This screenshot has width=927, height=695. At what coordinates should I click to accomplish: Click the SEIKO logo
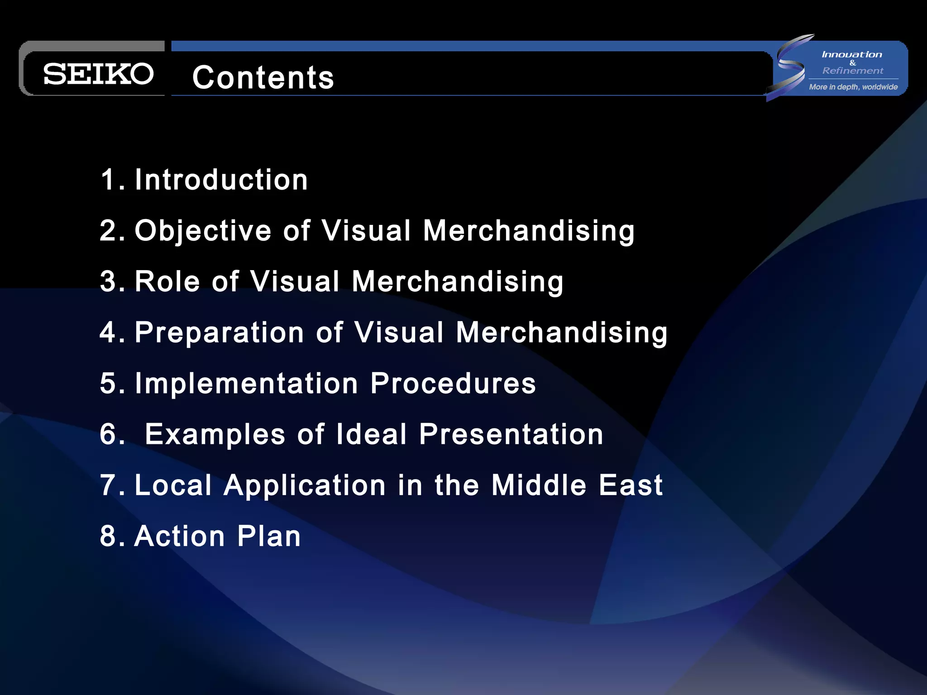[98, 74]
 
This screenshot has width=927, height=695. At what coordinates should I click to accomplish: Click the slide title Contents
[263, 77]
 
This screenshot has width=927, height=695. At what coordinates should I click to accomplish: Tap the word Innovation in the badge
[852, 55]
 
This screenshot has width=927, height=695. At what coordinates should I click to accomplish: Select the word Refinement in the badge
[853, 71]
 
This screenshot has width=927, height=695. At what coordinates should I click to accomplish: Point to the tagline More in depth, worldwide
[853, 87]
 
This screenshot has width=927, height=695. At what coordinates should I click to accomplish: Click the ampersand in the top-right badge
[853, 63]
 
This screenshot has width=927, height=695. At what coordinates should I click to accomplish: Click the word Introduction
[221, 180]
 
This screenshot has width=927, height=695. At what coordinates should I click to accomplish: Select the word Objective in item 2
[203, 231]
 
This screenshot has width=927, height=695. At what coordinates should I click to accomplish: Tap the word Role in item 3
[167, 281]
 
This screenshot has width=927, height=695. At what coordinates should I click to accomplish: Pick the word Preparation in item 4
[220, 333]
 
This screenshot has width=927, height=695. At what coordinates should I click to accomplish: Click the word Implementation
[247, 383]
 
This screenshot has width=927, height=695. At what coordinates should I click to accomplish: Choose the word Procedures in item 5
[453, 383]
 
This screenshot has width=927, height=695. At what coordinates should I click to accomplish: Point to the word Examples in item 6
[215, 434]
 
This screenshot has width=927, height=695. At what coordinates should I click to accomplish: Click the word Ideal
[371, 434]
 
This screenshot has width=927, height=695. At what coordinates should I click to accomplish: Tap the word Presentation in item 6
[511, 434]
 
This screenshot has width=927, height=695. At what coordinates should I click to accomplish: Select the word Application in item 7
[305, 485]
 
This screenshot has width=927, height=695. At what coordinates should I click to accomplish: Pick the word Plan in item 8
[269, 536]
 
